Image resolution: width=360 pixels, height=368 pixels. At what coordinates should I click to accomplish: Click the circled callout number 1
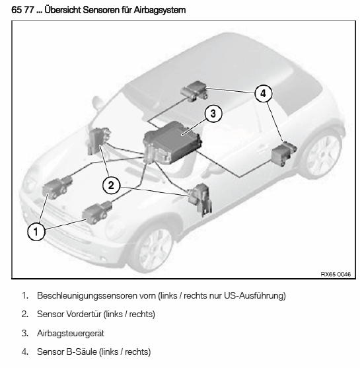(x=36, y=232)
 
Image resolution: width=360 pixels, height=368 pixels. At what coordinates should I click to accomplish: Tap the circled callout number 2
(x=111, y=186)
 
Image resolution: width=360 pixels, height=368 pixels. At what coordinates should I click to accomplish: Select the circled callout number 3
(x=213, y=114)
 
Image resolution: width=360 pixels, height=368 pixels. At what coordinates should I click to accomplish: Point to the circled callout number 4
(x=264, y=93)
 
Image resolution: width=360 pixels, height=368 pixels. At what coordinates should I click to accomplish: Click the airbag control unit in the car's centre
(x=172, y=143)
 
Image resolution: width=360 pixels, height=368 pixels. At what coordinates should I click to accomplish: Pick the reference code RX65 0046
(x=336, y=274)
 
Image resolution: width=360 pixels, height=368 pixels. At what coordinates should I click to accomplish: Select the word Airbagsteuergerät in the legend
(x=71, y=333)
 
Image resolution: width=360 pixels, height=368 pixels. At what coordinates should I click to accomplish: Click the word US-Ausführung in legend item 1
(x=254, y=296)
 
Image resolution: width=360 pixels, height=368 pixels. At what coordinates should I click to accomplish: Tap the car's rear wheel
(x=324, y=155)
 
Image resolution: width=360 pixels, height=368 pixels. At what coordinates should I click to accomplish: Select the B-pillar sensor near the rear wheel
(x=283, y=153)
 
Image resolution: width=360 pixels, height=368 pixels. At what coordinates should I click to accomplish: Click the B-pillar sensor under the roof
(x=195, y=91)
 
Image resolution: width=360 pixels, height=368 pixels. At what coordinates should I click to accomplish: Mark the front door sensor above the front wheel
(x=200, y=200)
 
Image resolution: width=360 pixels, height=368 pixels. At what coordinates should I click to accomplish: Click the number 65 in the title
(x=16, y=10)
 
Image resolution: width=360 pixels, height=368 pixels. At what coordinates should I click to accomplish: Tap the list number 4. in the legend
(x=25, y=351)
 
